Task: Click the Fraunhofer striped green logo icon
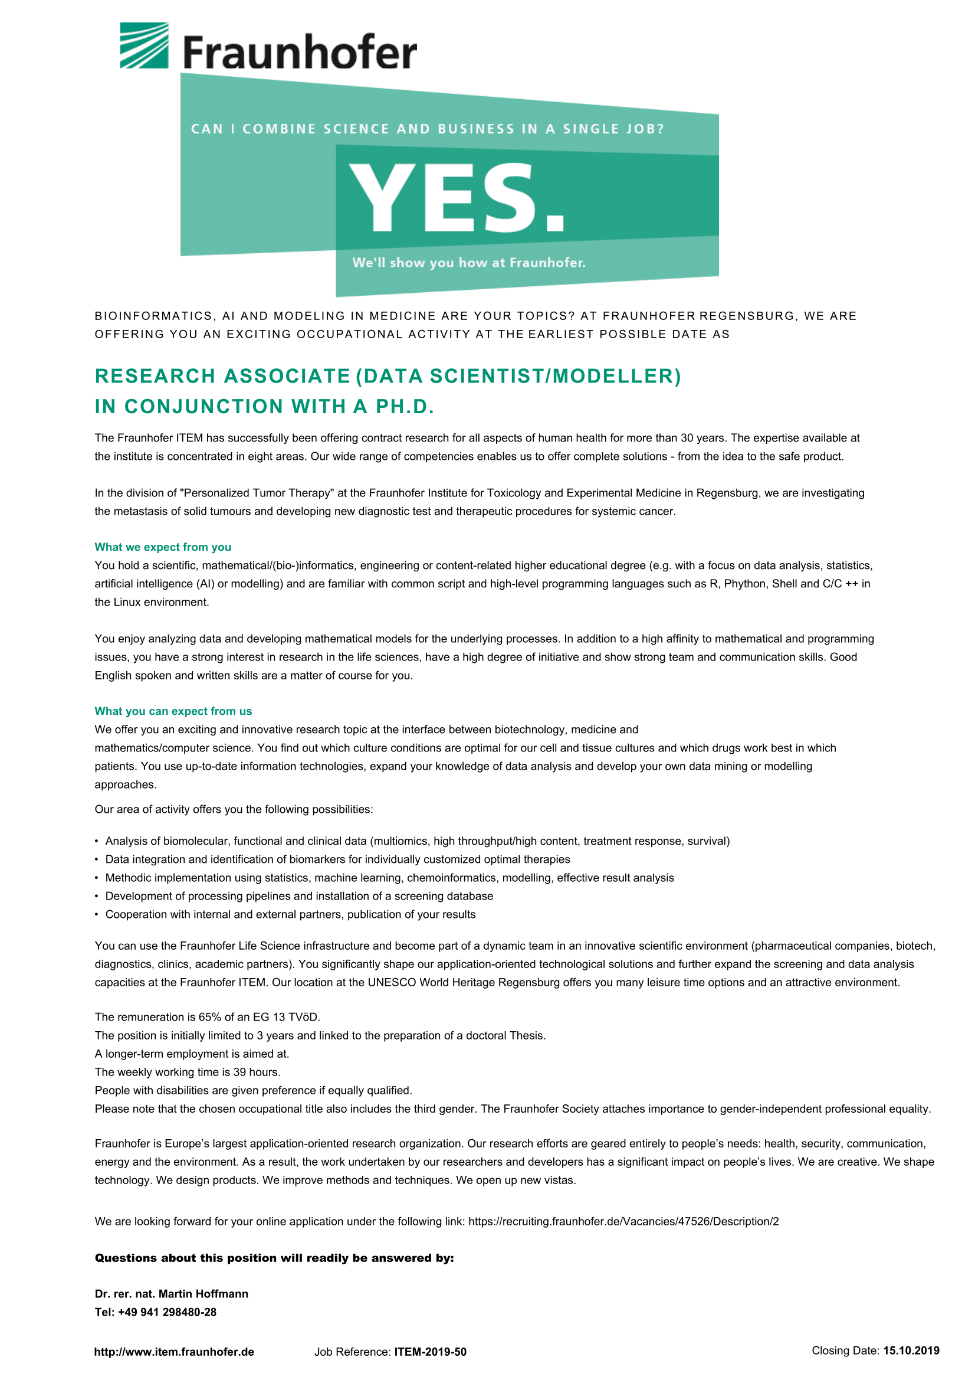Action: pos(144,45)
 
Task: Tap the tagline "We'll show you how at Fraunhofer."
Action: pos(468,263)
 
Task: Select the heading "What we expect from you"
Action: pos(163,547)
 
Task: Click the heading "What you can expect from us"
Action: pos(173,711)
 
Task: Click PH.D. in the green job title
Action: pos(404,407)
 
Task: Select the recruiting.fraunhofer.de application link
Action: pos(623,1221)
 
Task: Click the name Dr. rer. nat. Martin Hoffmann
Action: pos(171,1294)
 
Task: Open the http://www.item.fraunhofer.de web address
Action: pos(174,1352)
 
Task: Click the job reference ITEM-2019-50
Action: pos(430,1352)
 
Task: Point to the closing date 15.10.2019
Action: pos(911,1351)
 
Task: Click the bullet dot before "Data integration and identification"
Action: pos(97,860)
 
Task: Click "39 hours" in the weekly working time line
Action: pos(257,1072)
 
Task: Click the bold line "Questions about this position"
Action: pos(274,1258)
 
